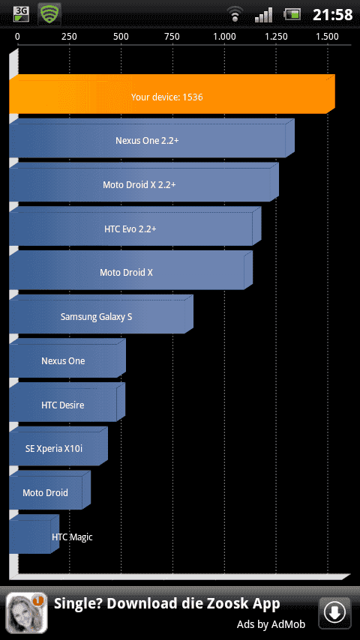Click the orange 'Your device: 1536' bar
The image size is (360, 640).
(172, 94)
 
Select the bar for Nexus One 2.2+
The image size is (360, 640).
(151, 138)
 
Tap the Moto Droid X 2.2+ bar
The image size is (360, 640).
(144, 182)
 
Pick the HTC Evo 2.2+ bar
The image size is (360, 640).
(135, 226)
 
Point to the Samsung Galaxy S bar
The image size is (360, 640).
(101, 314)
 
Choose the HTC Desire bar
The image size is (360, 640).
(67, 402)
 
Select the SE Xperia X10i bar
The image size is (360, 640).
(58, 446)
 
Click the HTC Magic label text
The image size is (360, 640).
(72, 537)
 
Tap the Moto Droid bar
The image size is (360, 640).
(49, 490)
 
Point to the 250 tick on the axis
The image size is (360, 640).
(69, 37)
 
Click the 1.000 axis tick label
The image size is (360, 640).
(224, 37)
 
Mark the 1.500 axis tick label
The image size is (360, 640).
(327, 37)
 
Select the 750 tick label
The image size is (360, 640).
(172, 37)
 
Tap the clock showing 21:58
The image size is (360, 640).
(332, 15)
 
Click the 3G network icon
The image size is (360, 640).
(21, 14)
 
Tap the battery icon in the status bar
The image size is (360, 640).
(292, 15)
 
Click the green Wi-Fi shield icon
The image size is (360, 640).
(49, 14)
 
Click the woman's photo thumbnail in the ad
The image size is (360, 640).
(26, 613)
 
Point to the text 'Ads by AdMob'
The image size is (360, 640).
(271, 624)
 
